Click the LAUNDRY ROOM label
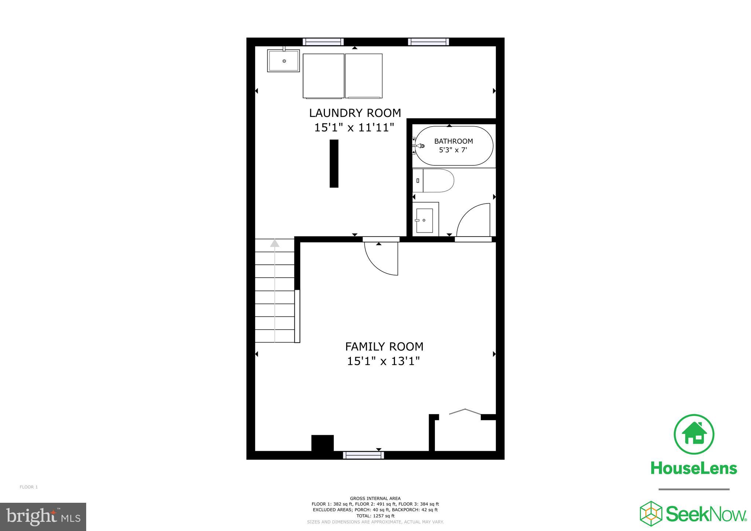coord(355,113)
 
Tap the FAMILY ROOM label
coord(384,346)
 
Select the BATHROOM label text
coord(453,141)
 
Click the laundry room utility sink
coord(283,61)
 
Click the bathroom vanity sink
coord(425,220)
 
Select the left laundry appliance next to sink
coord(323,76)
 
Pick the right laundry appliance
coord(364,76)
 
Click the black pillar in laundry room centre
coord(334,164)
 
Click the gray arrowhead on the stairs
coord(275,243)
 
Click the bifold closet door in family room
coord(465,411)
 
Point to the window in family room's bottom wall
coord(363,455)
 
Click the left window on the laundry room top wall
coord(323,42)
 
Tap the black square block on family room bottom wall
coord(322,443)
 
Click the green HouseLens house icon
coord(694,434)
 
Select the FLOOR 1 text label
coord(29,487)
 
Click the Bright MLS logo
coord(43,517)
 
